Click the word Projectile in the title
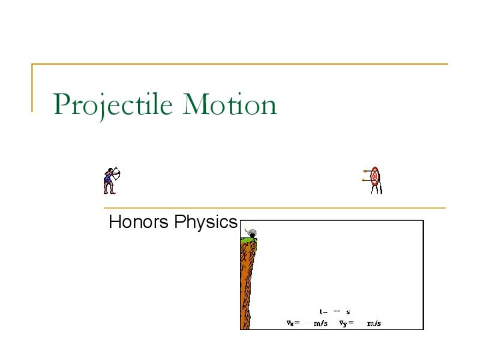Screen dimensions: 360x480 [114, 105]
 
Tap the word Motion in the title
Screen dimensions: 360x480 [230, 105]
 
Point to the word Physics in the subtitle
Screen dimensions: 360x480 [206, 223]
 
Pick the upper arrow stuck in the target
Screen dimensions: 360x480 [365, 172]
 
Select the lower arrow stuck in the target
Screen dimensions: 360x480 [365, 179]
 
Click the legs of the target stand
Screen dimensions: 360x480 [376, 189]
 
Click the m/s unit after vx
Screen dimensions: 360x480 [320, 323]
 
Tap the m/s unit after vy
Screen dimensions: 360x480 [374, 323]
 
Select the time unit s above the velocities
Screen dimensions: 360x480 [348, 311]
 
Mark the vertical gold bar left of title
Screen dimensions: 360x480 [32, 87]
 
